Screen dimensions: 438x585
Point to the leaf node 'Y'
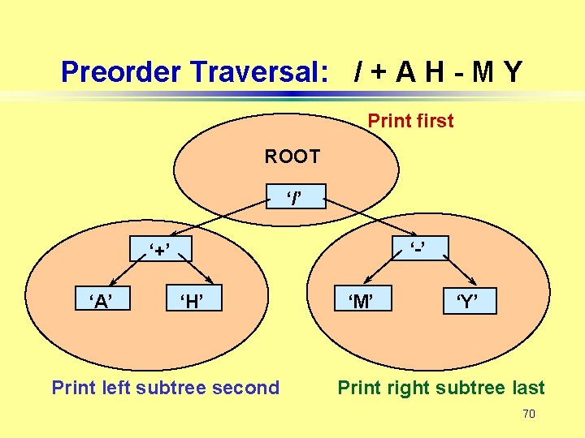click(x=466, y=303)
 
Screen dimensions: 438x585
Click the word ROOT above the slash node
click(x=292, y=157)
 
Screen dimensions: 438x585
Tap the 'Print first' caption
click(x=410, y=121)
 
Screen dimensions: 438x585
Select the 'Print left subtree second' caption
click(x=165, y=388)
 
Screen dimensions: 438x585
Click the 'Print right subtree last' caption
click(x=441, y=388)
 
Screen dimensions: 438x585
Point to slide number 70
click(x=528, y=414)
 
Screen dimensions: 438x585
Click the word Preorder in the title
click(x=120, y=72)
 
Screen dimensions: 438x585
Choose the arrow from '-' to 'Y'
click(x=449, y=272)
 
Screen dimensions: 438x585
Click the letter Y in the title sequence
click(x=512, y=72)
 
